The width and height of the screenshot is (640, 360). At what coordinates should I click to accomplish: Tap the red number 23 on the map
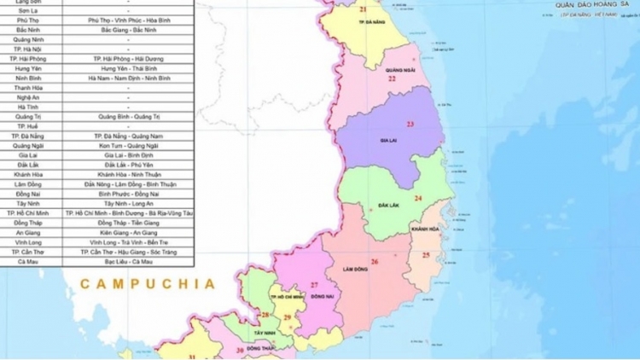410,125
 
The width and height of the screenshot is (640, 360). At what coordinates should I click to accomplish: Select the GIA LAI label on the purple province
390,142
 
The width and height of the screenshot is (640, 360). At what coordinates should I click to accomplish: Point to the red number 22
392,78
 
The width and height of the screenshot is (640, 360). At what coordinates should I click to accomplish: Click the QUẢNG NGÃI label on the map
399,69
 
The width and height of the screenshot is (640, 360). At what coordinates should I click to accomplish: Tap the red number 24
418,199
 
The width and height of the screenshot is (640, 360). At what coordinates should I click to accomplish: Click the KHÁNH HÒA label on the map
424,229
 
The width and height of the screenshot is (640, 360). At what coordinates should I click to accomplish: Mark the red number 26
374,261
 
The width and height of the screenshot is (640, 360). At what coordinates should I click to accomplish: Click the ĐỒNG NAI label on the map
323,295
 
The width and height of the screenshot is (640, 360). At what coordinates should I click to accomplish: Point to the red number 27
314,285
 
